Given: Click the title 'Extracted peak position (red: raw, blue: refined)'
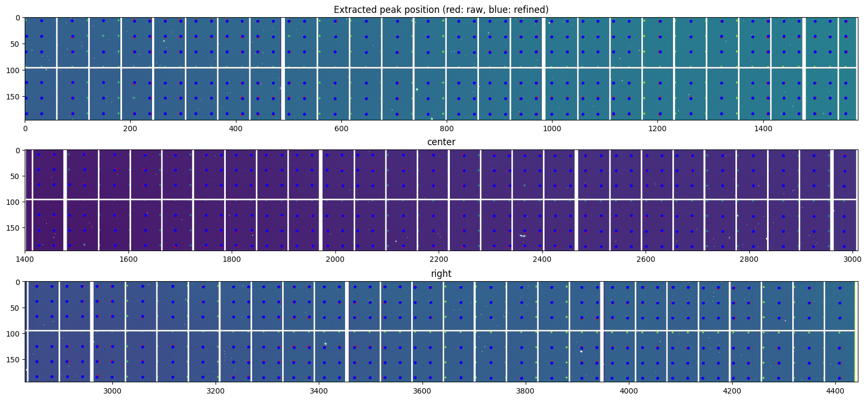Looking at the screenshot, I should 441,10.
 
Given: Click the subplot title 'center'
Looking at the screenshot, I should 441,142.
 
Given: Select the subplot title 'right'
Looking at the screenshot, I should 441,274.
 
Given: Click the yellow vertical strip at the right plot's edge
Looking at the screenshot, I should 855,331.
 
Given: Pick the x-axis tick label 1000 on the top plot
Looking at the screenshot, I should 552,129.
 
